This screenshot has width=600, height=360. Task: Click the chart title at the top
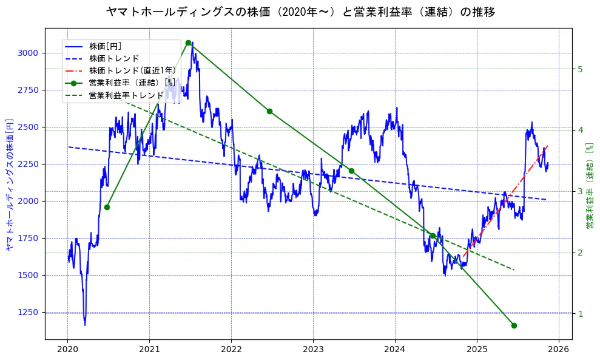[x=300, y=12]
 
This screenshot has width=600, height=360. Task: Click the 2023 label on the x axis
[x=313, y=350]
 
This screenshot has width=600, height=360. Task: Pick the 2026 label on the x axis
[x=558, y=350]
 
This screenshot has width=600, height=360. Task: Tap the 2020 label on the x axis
[x=67, y=350]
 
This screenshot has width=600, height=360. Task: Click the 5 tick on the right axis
[x=581, y=69]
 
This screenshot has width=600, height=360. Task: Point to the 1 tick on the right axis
[x=581, y=314]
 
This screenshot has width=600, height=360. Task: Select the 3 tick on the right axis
[x=581, y=192]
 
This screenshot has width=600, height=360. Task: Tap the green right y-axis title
[x=589, y=186]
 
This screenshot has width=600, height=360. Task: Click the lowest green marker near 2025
[x=514, y=325]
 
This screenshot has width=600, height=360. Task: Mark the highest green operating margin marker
[x=188, y=43]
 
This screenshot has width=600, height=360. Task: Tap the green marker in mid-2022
[x=269, y=111]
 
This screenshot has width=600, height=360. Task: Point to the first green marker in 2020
[x=107, y=207]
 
